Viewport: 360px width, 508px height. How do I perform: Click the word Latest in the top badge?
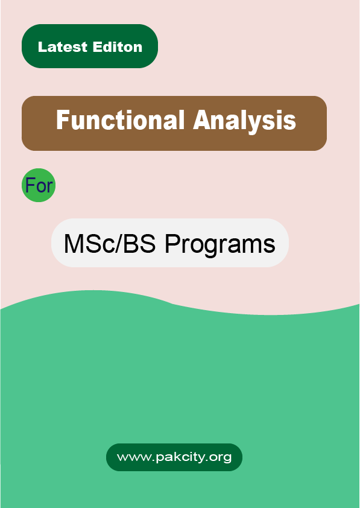click(x=63, y=47)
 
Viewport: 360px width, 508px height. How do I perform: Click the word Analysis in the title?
click(x=244, y=121)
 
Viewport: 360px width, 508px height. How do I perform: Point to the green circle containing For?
click(x=39, y=185)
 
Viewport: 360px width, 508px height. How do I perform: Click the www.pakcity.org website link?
click(x=174, y=457)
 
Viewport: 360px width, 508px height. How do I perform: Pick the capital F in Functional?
click(x=62, y=121)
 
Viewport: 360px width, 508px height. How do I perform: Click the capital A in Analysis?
click(x=201, y=121)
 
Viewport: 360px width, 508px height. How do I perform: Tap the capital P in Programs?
click(x=171, y=244)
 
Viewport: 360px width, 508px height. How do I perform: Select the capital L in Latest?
click(x=42, y=47)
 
